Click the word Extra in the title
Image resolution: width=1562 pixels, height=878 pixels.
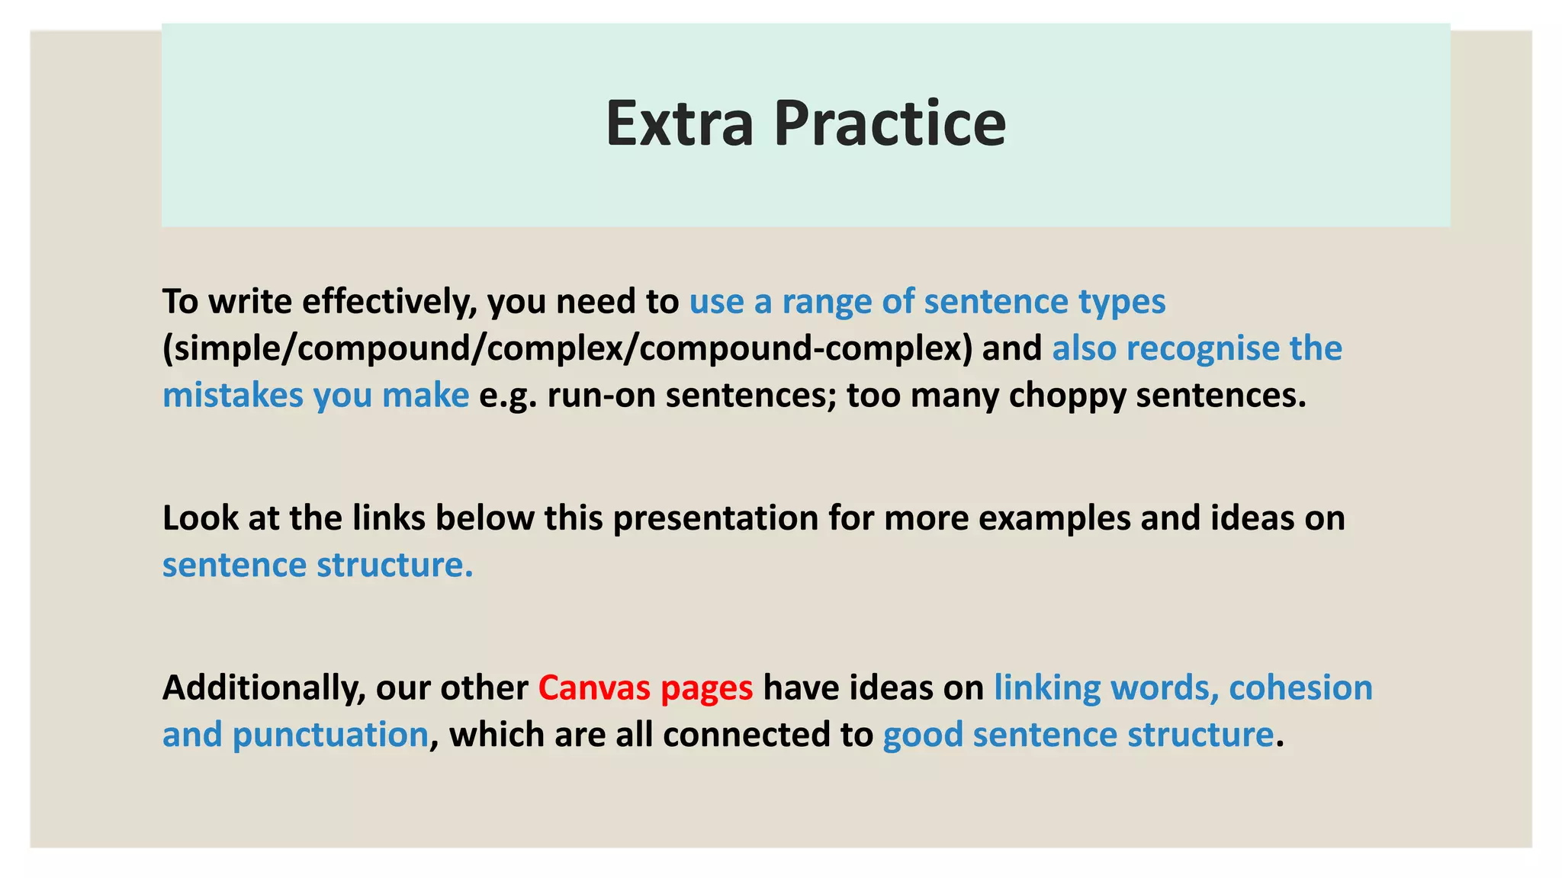coord(679,123)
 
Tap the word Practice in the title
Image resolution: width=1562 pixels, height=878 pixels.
coord(890,123)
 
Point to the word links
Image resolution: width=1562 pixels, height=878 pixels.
coord(388,518)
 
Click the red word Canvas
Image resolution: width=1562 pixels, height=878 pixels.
coord(594,688)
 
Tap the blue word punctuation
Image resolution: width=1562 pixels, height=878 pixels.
coord(330,735)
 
